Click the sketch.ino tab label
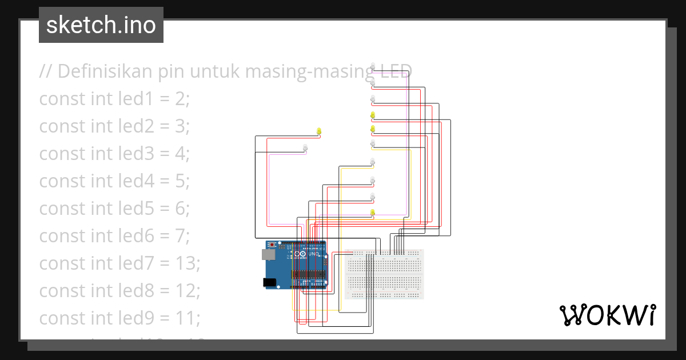101,25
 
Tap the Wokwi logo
607,315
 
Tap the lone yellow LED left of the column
319,132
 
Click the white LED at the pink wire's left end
305,148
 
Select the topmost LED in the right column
373,65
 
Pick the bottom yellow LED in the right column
373,213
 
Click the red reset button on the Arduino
272,245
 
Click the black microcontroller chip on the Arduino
309,275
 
